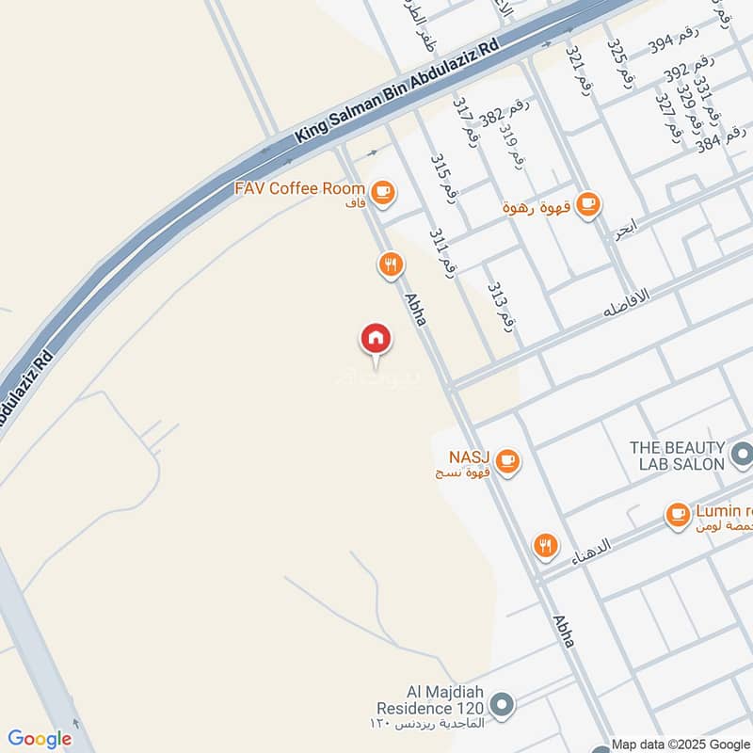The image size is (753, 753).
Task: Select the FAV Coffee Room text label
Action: tap(299, 189)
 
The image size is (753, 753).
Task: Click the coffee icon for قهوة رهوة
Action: tap(588, 202)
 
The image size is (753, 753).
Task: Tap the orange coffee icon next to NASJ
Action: tap(508, 459)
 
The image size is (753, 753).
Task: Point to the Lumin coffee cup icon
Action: tap(678, 515)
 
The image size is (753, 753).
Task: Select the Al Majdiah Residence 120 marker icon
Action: tap(503, 704)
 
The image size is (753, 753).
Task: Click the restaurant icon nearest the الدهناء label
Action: tap(545, 545)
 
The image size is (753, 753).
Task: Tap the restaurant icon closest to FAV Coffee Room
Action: tap(391, 264)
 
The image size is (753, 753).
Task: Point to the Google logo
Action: tap(40, 739)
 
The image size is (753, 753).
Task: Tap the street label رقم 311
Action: tap(442, 253)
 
